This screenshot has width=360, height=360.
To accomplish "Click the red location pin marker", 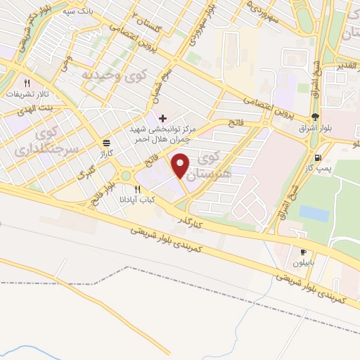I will pyautogui.click(x=181, y=166).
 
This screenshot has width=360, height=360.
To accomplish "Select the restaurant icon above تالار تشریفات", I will pyautogui.click(x=27, y=82).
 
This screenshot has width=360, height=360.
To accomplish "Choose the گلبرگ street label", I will pyautogui.click(x=84, y=174).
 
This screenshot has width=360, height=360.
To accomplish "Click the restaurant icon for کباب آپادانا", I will pyautogui.click(x=137, y=189).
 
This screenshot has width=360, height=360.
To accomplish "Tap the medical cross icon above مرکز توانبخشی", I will pyautogui.click(x=163, y=117).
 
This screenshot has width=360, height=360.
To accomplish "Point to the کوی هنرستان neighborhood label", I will pyautogui.click(x=209, y=165).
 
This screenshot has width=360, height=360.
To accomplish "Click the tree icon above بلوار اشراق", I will pyautogui.click(x=314, y=117).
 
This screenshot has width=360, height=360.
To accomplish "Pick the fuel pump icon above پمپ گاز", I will pyautogui.click(x=320, y=157).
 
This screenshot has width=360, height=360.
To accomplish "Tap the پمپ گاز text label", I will pyautogui.click(x=320, y=169).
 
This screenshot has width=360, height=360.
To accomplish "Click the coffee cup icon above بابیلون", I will pyautogui.click(x=303, y=251).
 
